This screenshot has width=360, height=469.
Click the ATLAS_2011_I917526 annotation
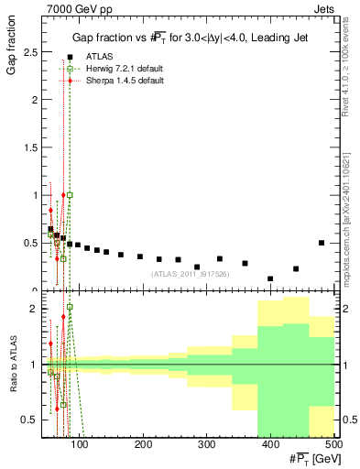(x=190, y=274)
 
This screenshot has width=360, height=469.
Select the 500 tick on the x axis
(x=333, y=445)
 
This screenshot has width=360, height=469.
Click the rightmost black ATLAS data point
(x=321, y=243)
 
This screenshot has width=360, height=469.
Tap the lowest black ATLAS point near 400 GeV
(x=270, y=278)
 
